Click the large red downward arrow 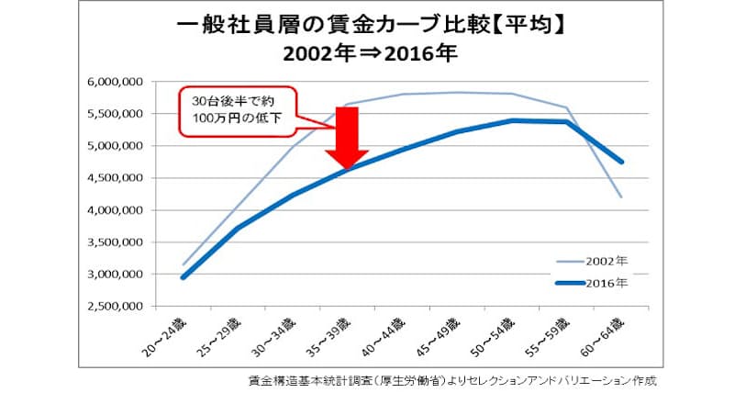click(x=346, y=138)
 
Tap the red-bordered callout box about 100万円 click(x=239, y=113)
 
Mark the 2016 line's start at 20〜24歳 click(x=182, y=277)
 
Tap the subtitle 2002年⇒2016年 click(x=370, y=52)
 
